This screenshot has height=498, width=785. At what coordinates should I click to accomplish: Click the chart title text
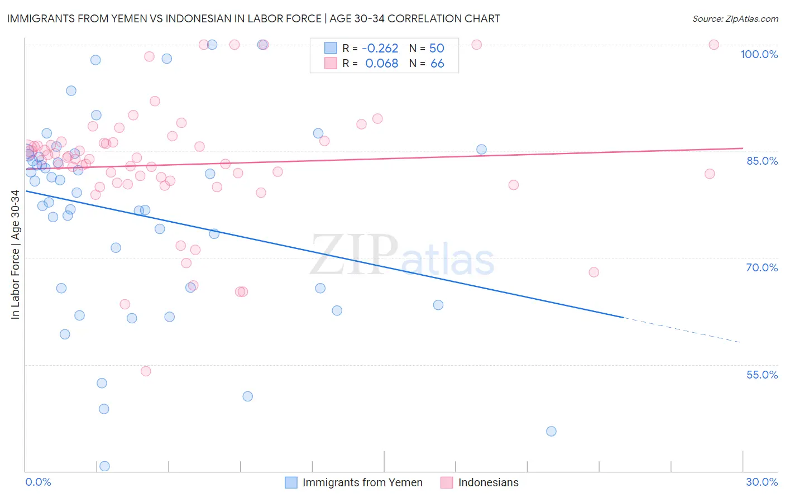click(x=253, y=18)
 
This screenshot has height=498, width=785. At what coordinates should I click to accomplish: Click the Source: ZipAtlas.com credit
click(x=735, y=18)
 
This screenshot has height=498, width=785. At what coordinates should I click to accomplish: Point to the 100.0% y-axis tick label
click(x=759, y=54)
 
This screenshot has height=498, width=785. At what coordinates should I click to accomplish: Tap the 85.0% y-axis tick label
click(x=762, y=161)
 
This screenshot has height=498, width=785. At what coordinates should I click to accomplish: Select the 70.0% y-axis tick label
click(x=762, y=267)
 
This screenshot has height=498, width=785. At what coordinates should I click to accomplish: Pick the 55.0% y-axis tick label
click(x=762, y=375)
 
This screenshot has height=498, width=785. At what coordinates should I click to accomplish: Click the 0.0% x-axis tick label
click(x=38, y=482)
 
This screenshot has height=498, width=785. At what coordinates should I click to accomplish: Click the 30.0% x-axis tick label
click(x=762, y=482)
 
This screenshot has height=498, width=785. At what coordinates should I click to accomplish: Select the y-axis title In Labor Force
click(x=15, y=255)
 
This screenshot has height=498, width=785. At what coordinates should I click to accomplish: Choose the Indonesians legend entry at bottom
click(x=488, y=482)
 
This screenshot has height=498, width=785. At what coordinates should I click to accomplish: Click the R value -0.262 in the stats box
click(x=380, y=48)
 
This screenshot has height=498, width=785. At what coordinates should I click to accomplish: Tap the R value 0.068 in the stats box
click(x=381, y=64)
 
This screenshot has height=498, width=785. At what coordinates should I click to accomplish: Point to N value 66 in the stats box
click(x=437, y=64)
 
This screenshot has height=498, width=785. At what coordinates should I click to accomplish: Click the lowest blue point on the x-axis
click(x=104, y=466)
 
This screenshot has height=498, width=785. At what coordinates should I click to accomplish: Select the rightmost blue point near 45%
click(x=551, y=431)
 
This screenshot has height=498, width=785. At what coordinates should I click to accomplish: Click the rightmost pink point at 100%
click(x=714, y=45)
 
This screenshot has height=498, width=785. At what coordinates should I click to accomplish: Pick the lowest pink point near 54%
click(x=146, y=371)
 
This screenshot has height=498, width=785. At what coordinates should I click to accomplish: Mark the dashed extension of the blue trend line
click(x=682, y=329)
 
